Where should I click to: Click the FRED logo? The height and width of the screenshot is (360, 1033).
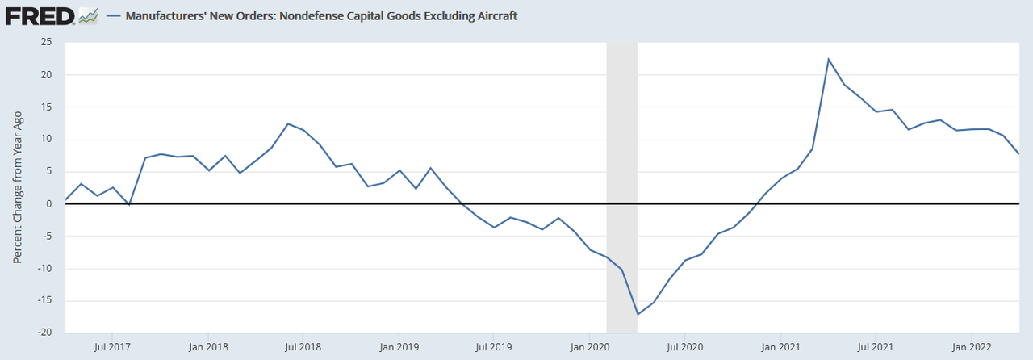[40, 15]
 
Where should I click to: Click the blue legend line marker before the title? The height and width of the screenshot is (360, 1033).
[115, 15]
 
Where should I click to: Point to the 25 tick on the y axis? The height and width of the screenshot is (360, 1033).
[47, 43]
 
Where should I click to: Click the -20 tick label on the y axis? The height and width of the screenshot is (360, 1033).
[44, 333]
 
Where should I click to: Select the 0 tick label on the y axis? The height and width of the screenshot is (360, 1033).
[49, 203]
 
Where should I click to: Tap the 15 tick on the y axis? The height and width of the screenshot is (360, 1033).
[47, 107]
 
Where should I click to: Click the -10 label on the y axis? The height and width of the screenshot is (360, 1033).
[44, 268]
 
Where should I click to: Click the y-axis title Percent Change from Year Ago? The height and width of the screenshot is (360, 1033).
[18, 187]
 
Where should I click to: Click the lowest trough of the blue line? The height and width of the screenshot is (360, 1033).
[638, 314]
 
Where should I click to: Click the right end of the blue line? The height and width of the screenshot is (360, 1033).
[1019, 153]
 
